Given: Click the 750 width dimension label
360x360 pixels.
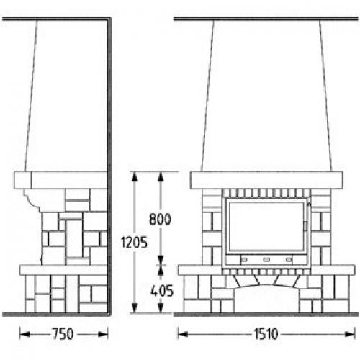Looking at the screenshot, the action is (63, 334).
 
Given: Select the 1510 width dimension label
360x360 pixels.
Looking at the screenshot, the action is (266, 334).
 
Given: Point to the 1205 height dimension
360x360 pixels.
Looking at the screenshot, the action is (134, 243).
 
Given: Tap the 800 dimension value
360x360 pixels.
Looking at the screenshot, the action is (160, 219).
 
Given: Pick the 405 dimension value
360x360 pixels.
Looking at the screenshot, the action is (162, 291).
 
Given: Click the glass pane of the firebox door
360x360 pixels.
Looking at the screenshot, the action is (266, 227).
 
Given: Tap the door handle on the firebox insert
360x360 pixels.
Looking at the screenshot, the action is (305, 226).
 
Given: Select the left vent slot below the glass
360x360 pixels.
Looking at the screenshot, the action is (244, 260).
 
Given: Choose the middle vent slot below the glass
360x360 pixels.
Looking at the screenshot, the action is (266, 260).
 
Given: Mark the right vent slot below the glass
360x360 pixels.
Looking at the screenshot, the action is (289, 260).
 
